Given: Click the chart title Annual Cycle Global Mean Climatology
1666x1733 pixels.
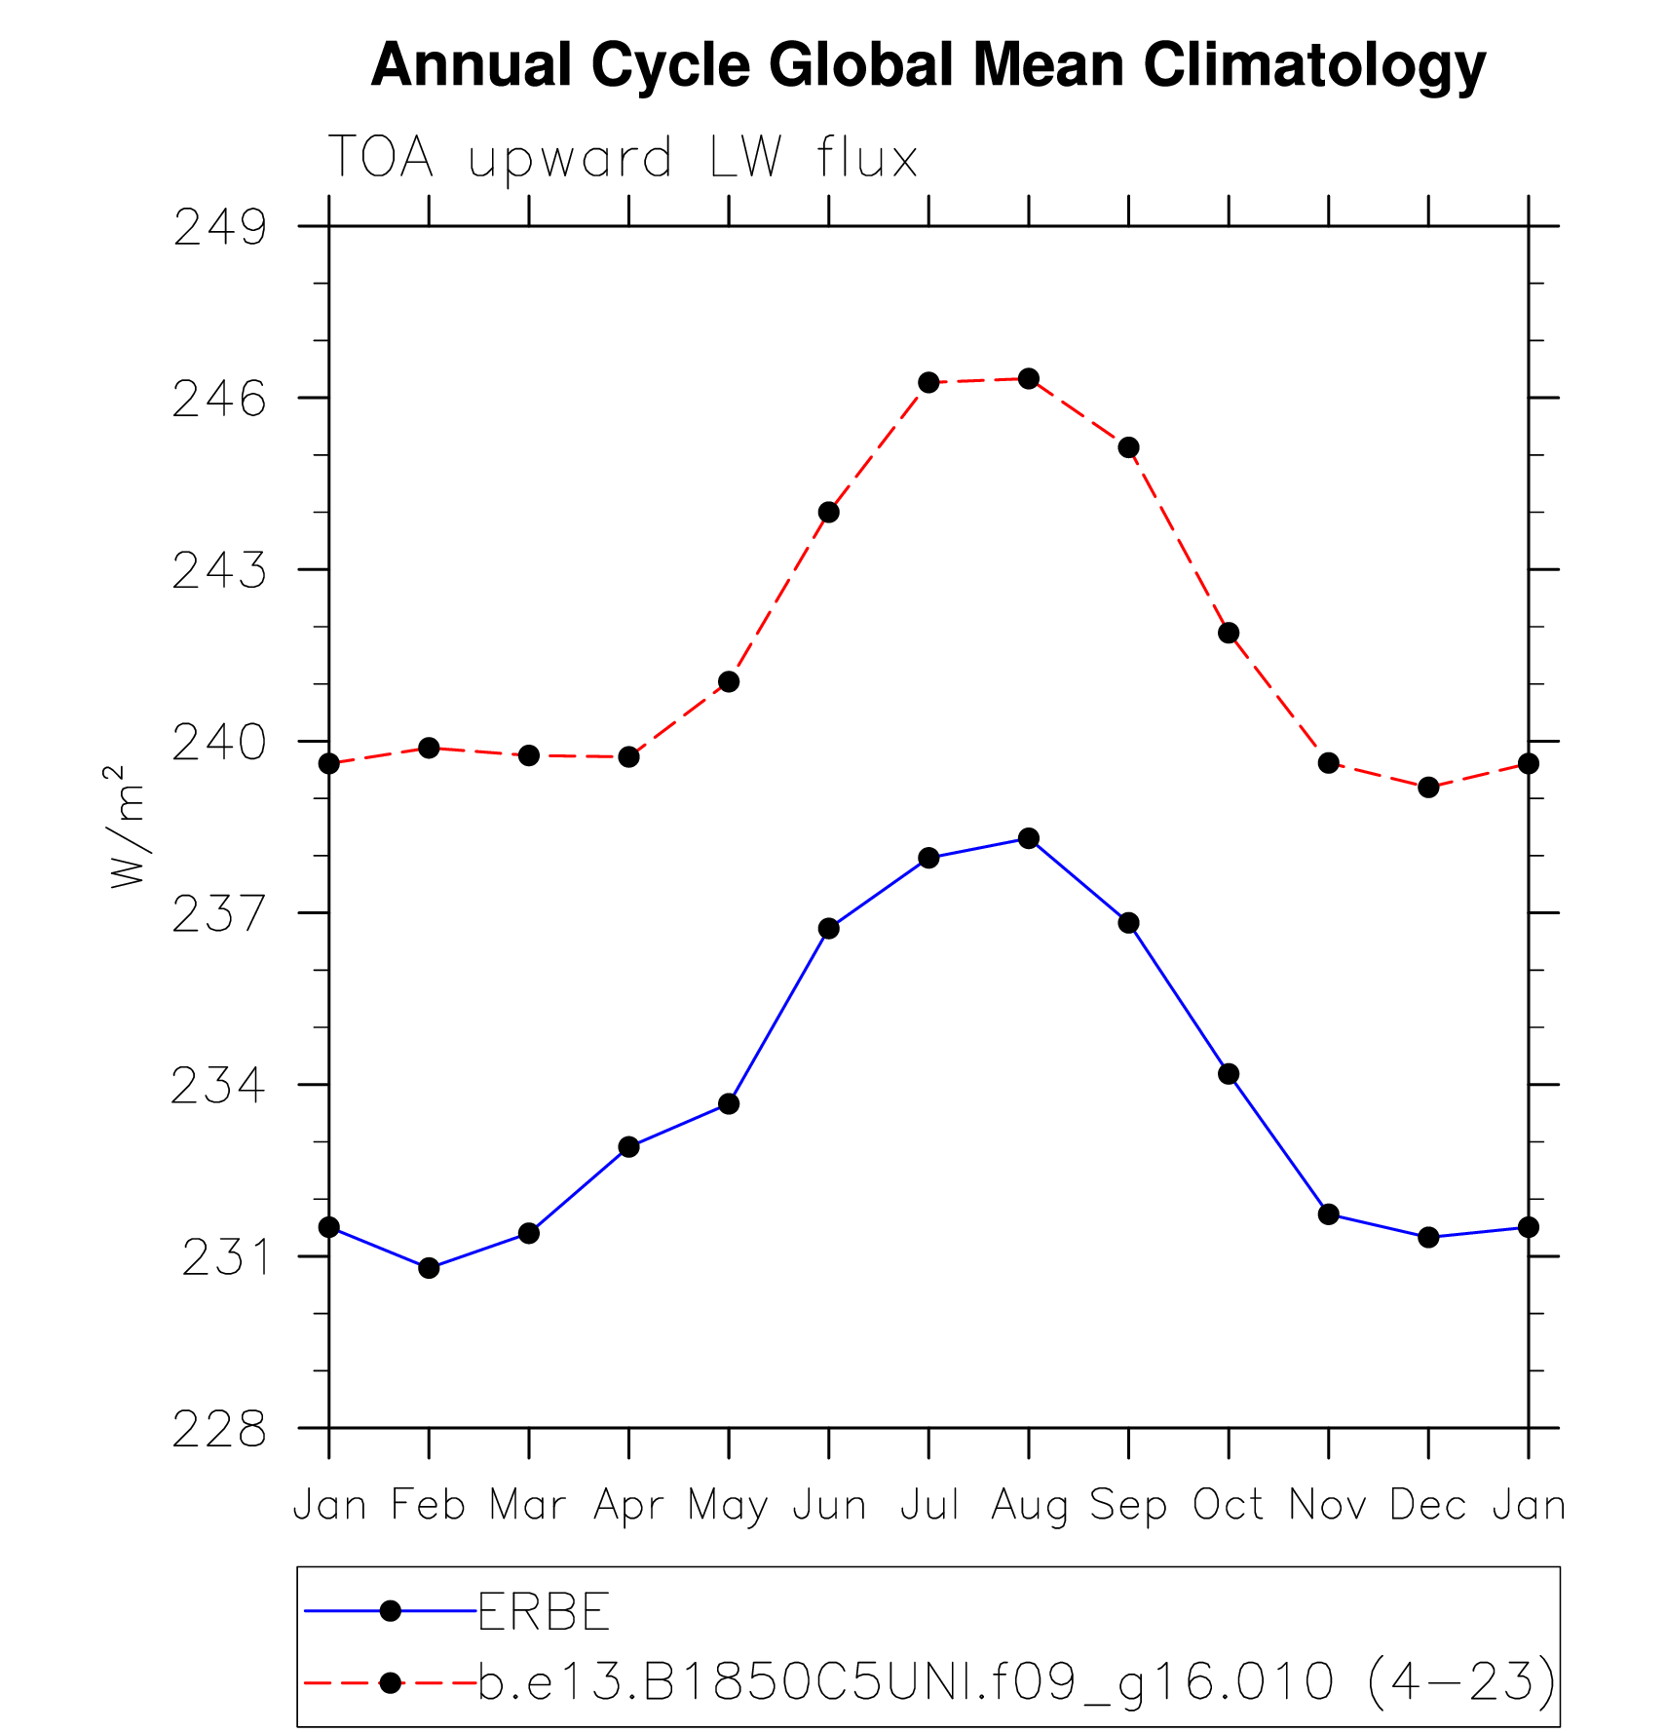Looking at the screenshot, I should pyautogui.click(x=928, y=65).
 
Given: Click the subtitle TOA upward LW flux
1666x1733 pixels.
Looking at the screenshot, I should pyautogui.click(x=623, y=158).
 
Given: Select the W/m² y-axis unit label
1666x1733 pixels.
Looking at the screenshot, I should pyautogui.click(x=128, y=827).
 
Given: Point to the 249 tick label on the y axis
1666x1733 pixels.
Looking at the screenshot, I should pyautogui.click(x=219, y=228).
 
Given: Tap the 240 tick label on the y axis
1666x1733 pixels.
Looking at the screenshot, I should pyautogui.click(x=219, y=743).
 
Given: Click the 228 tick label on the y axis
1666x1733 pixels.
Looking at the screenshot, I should pyautogui.click(x=219, y=1430).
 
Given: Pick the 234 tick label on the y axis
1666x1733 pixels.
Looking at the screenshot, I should pyautogui.click(x=219, y=1086).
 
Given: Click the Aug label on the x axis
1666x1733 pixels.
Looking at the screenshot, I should pyautogui.click(x=1029, y=1506).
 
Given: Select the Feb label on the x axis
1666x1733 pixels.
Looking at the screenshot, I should pyautogui.click(x=429, y=1506).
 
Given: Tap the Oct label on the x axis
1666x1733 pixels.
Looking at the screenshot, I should pyautogui.click(x=1229, y=1506).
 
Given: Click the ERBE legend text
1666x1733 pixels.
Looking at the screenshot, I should pyautogui.click(x=544, y=1611).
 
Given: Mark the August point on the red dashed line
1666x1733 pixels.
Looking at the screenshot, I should pyautogui.click(x=1029, y=378).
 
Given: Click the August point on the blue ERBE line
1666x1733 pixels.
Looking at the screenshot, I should pyautogui.click(x=1029, y=838).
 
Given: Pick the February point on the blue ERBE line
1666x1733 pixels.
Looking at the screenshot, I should pyautogui.click(x=429, y=1268).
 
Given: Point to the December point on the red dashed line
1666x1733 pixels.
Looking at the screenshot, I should pyautogui.click(x=1428, y=787).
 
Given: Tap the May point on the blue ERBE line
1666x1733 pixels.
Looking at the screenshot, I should pyautogui.click(x=729, y=1103).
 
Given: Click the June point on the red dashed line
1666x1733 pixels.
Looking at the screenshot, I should pyautogui.click(x=829, y=512).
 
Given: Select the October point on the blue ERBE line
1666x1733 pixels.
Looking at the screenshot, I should pyautogui.click(x=1229, y=1074).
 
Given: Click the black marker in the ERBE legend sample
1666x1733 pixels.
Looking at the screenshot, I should pyautogui.click(x=390, y=1611).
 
